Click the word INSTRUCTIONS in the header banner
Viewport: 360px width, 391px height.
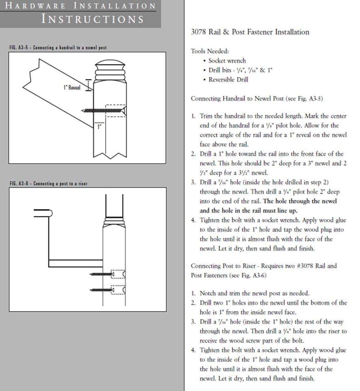click(93, 19)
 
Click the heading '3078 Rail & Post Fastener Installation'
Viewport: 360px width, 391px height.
click(250, 32)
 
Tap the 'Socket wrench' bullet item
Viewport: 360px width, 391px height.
click(227, 61)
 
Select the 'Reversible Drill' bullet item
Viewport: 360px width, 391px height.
click(228, 80)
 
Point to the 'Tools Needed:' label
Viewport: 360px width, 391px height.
click(210, 51)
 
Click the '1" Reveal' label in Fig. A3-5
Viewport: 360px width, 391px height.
click(72, 88)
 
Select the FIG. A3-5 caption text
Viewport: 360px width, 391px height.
click(58, 47)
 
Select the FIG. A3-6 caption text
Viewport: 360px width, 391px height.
click(48, 184)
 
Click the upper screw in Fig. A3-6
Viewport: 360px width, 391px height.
click(102, 274)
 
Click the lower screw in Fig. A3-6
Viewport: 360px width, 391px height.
click(102, 290)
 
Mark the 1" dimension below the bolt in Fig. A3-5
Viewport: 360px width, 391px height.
click(99, 127)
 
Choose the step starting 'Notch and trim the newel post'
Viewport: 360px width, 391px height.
click(254, 293)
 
